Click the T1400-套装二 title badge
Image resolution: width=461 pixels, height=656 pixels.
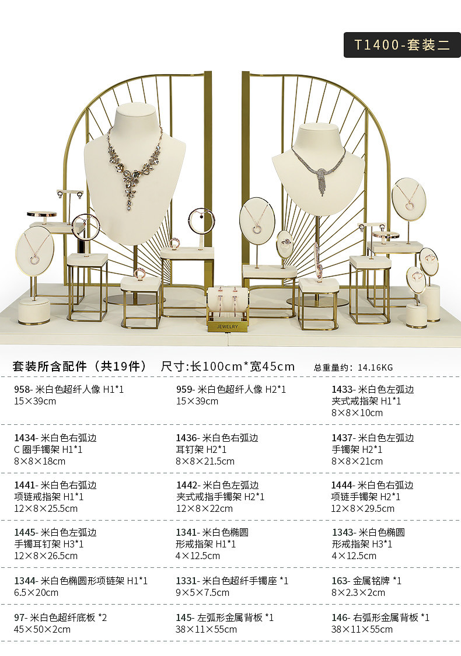click(x=402, y=45)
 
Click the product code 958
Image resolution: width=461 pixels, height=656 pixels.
click(x=23, y=389)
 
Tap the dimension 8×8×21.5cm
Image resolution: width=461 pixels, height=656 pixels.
click(x=205, y=461)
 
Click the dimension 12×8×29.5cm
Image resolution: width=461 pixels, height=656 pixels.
click(x=362, y=508)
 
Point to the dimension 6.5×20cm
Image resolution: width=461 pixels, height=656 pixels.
click(x=36, y=592)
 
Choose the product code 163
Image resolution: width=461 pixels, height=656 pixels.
click(x=339, y=581)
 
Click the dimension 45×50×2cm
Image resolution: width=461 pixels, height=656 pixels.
click(x=42, y=629)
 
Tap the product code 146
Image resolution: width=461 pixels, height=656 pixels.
click(x=339, y=617)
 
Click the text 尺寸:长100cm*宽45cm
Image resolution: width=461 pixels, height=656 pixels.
click(x=228, y=367)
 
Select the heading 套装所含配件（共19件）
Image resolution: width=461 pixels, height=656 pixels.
click(x=79, y=367)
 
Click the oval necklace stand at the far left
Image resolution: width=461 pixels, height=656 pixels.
click(x=34, y=251)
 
